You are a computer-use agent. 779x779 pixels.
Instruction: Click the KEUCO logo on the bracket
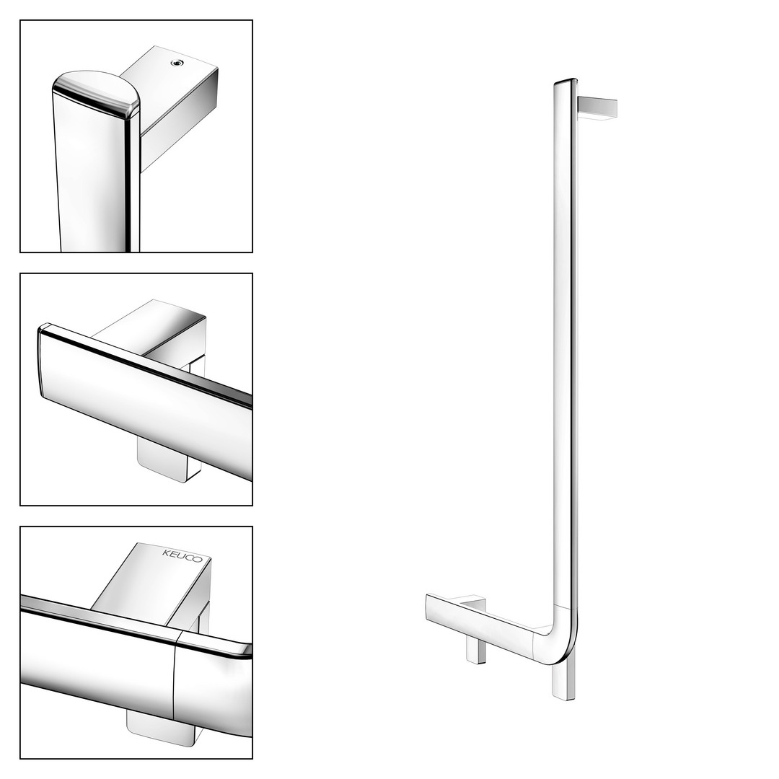coord(182,556)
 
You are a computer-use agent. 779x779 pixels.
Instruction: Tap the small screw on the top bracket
coord(175,63)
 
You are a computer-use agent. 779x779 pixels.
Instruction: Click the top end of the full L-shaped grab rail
coord(565,81)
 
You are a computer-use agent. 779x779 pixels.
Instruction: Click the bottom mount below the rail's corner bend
coord(563,681)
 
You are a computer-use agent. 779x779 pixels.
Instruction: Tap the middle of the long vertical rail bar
coord(565,343)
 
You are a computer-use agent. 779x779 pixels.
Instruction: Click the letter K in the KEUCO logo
coord(166,552)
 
